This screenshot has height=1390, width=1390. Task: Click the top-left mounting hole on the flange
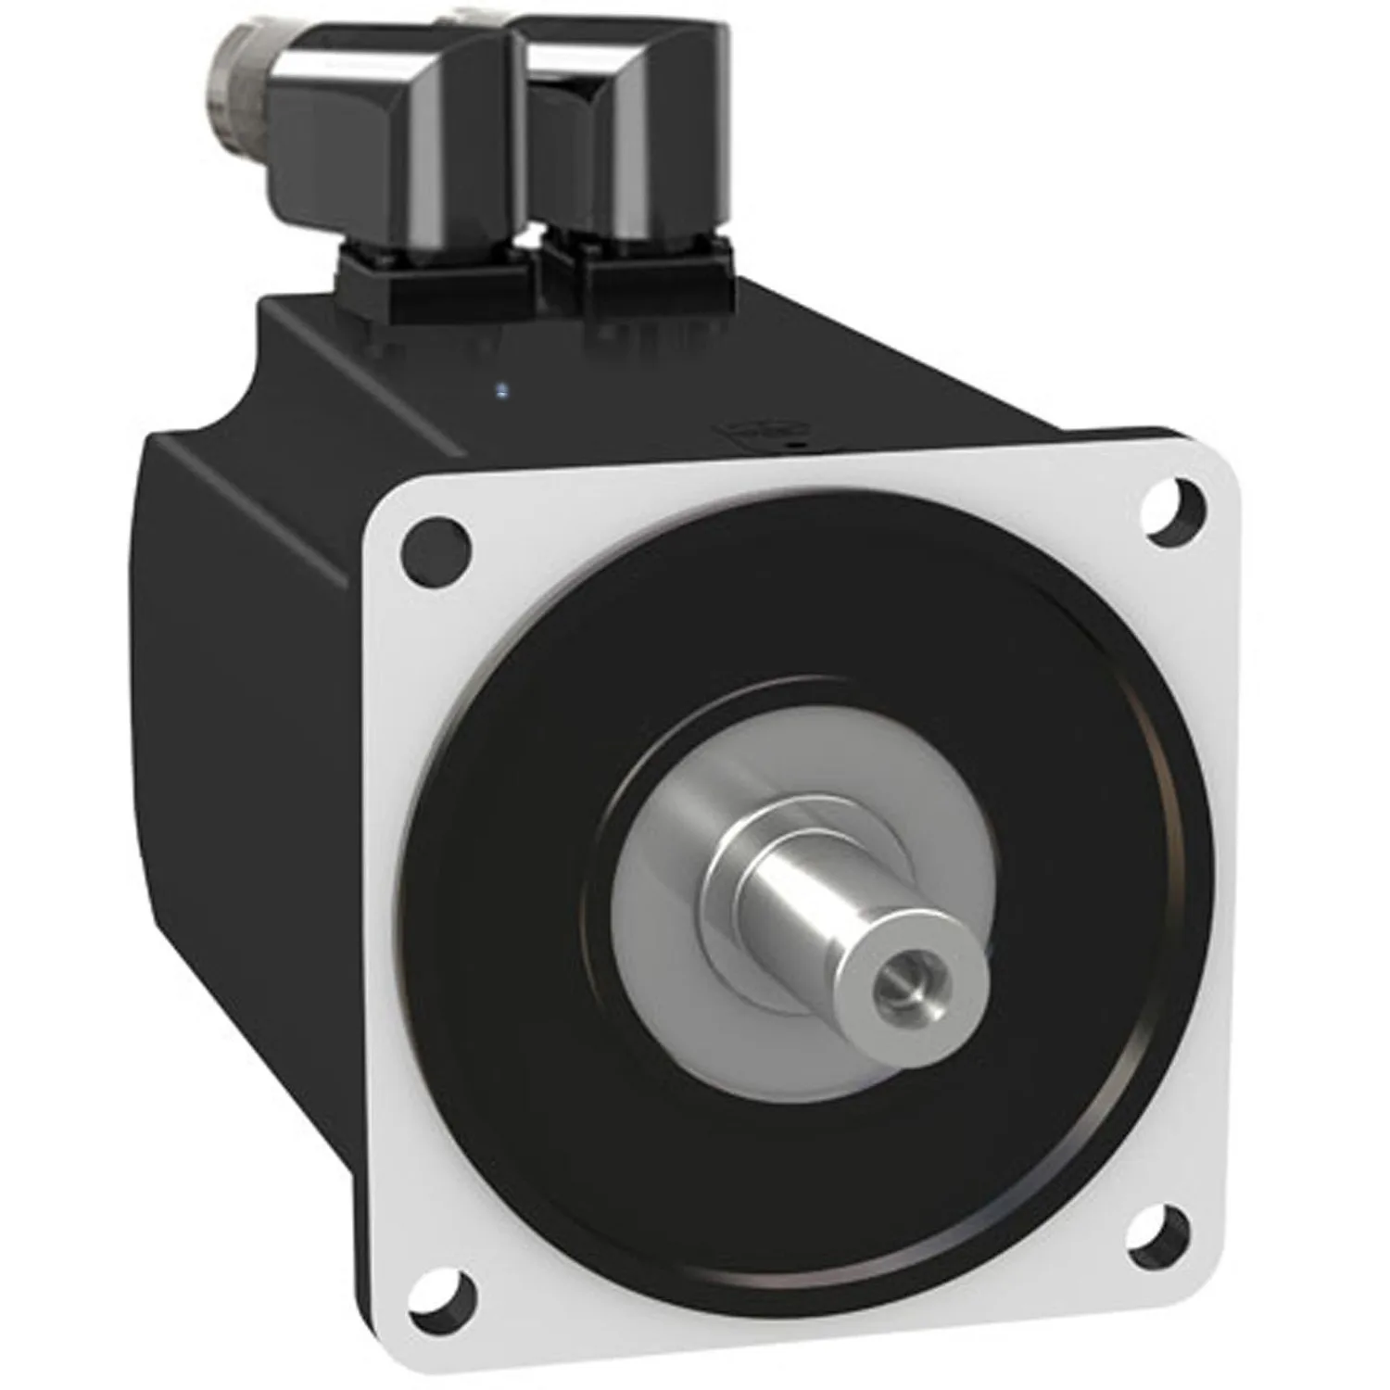(x=435, y=547)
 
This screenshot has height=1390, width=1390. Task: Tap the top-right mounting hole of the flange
(x=1176, y=508)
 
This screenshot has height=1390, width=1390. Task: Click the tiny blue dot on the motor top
(x=501, y=389)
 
